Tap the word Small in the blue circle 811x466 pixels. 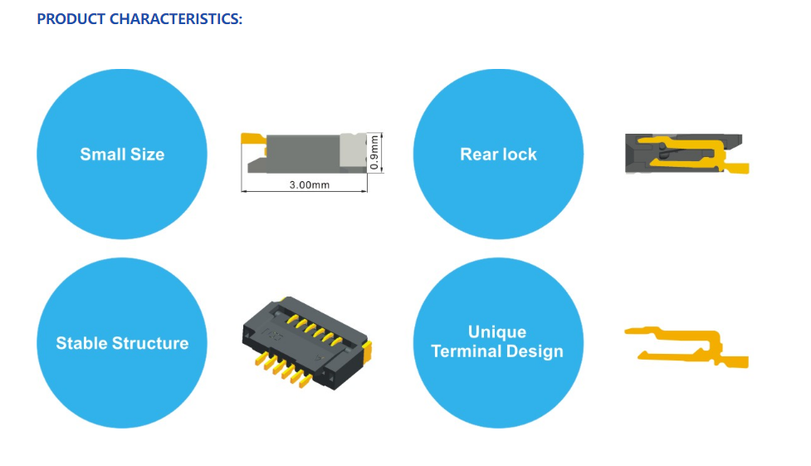102,155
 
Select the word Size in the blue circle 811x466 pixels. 148,155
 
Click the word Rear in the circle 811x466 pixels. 477,155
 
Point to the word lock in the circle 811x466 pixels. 519,155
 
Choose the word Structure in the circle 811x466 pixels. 150,343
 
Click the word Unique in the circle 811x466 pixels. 497,332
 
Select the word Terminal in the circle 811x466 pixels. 466,351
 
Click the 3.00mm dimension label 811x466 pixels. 310,185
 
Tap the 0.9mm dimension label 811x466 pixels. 374,153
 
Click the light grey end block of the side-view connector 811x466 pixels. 353,150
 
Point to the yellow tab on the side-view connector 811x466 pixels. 253,140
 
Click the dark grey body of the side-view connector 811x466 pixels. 300,154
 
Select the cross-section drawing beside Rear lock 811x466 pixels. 686,154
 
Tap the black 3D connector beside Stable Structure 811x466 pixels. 306,343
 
